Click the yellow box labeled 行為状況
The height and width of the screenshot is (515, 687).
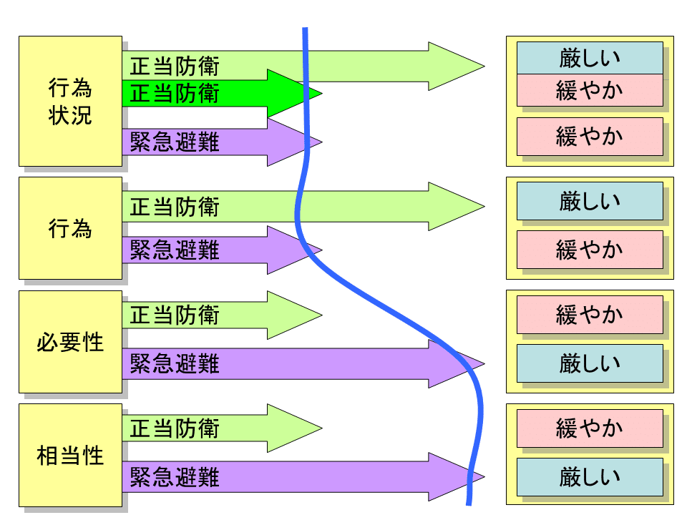[x=70, y=102]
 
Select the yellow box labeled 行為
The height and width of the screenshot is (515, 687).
[x=70, y=228]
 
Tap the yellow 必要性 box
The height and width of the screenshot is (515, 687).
[x=70, y=342]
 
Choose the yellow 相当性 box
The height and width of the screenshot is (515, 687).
[x=70, y=455]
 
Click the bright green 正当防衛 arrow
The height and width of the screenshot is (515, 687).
[x=215, y=94]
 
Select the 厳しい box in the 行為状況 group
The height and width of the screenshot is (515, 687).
[x=590, y=58]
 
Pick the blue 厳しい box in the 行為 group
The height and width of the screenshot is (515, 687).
[x=590, y=200]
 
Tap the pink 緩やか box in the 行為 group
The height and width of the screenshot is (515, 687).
[x=590, y=249]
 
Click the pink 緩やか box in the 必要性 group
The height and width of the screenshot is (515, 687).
[x=590, y=315]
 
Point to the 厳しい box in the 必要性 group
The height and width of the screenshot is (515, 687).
[x=590, y=363]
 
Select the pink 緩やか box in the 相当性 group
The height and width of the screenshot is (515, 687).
[x=590, y=428]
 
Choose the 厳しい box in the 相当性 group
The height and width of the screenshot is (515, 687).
[x=590, y=476]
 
